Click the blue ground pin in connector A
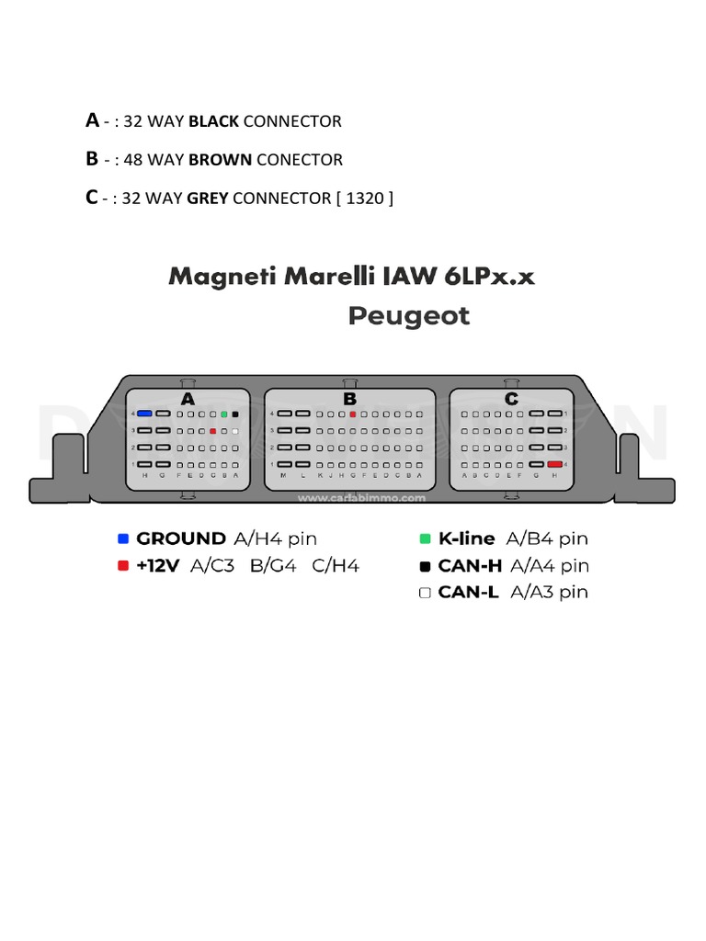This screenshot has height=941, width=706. coord(144,414)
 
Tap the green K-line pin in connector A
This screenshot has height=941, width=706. coord(224,414)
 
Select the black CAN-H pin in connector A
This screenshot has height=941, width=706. coord(236,414)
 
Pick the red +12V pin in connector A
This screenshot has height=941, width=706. coord(212,431)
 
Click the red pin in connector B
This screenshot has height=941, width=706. coord(352,414)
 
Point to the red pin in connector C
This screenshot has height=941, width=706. coord(554,465)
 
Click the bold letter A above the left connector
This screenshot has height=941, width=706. coord(188,399)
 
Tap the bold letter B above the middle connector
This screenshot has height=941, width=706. coord(349,399)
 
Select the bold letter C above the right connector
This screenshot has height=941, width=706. coord(511,399)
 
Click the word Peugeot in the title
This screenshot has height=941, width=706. coord(409,317)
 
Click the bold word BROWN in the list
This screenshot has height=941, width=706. coord(220,160)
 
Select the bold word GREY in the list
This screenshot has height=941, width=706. coord(207,198)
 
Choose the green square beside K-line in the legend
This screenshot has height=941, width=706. coord(425,539)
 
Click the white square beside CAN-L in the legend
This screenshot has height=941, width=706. coord(425,593)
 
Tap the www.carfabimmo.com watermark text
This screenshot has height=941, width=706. coord(361,499)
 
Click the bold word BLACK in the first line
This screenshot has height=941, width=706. coord(213,121)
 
